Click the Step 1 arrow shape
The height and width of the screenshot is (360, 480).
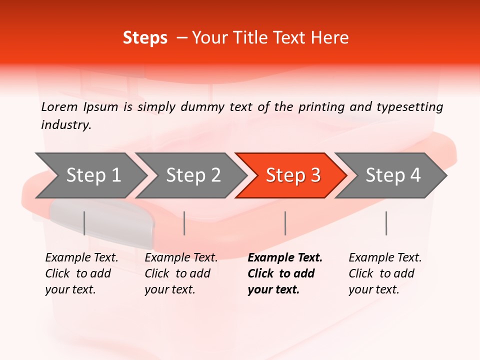point(92,175)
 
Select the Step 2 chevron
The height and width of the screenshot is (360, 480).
point(192,175)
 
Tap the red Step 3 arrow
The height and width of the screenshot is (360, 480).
point(292,175)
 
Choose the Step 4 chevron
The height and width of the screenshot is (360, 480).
point(392,175)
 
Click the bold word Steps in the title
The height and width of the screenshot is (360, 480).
point(145,38)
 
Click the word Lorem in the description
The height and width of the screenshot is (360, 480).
point(59,106)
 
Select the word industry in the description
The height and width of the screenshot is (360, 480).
point(65,125)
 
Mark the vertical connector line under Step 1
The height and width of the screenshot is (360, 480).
point(84,223)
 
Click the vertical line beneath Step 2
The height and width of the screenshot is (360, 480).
point(184,223)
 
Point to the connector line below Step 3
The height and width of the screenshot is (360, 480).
point(285,223)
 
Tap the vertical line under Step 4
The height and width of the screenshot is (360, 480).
point(386,223)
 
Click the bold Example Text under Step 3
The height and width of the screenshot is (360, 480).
point(285,258)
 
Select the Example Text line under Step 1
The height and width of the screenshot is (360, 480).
point(81,258)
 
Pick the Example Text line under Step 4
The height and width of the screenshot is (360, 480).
point(385,258)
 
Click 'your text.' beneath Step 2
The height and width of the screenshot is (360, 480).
point(169,289)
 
